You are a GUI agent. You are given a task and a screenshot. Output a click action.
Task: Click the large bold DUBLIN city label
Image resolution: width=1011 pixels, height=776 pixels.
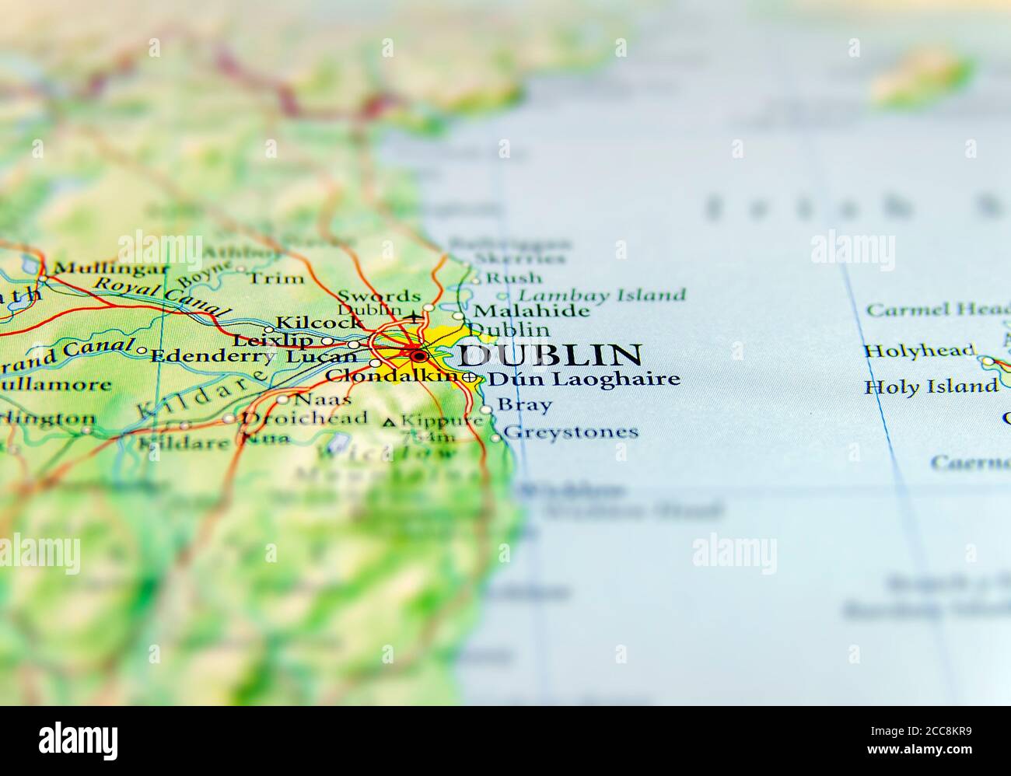[x=549, y=355]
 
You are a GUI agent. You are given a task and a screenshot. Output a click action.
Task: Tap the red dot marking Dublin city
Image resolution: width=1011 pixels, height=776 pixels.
[x=419, y=356]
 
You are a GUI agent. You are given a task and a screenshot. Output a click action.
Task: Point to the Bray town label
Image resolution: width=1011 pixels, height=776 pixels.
[x=524, y=405]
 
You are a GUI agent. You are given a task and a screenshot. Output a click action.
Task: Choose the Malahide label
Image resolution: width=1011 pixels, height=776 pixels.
[x=531, y=311]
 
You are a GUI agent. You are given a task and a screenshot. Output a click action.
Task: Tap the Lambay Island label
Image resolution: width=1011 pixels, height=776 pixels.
[x=602, y=295]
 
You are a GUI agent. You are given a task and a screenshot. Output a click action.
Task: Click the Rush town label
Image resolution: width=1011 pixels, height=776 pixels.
[x=513, y=278]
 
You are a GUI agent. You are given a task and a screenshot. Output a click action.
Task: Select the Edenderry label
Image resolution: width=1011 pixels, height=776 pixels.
[x=212, y=356]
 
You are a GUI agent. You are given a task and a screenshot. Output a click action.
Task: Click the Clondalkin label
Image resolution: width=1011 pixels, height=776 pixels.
[x=391, y=376]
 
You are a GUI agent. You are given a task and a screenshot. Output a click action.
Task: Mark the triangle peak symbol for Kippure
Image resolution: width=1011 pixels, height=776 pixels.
[x=390, y=422]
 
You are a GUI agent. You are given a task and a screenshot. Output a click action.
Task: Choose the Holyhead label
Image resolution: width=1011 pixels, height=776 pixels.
[x=919, y=351]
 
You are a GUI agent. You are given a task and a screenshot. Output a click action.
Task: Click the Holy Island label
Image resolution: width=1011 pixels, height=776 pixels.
[x=931, y=386]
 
